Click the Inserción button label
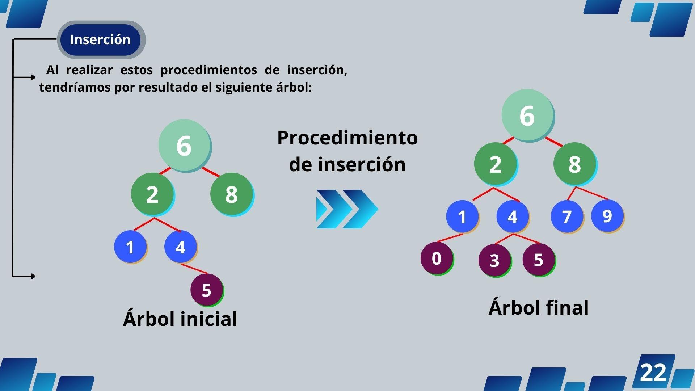coord(100,39)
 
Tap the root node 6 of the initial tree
coord(184,146)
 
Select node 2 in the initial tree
coord(152,194)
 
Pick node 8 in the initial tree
coord(232,194)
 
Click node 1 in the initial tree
coord(130,247)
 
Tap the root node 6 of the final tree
coord(527,115)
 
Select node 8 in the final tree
coord(574,164)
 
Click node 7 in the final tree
coord(567,216)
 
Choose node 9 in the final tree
coord(607,216)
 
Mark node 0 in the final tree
coord(437,258)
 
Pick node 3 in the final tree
coord(494,260)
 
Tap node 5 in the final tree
coord(539,260)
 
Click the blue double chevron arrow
coord(347,209)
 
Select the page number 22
coord(653,372)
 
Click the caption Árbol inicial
coord(180,319)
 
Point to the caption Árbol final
coord(538,308)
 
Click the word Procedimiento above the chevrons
coord(347,138)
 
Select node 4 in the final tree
coord(513,216)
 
